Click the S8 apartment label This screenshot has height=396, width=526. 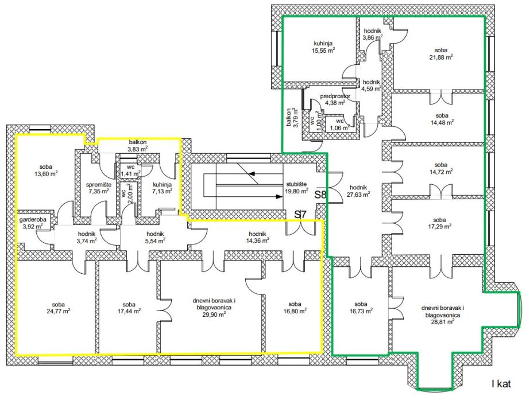(320, 195)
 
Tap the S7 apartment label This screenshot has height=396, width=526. (300, 214)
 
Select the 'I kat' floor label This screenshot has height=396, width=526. (501, 383)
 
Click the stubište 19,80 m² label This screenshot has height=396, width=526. (297, 188)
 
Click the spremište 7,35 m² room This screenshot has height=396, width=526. (99, 188)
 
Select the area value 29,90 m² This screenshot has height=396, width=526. (212, 314)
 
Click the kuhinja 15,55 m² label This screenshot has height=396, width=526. (323, 46)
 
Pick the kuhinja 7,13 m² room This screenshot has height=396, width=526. (163, 188)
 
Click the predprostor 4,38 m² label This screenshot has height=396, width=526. (335, 100)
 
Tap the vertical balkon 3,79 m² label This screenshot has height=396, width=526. (291, 118)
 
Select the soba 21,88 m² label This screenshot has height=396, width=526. (441, 53)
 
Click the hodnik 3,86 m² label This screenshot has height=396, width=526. (373, 34)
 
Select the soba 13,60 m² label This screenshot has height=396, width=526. (45, 170)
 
